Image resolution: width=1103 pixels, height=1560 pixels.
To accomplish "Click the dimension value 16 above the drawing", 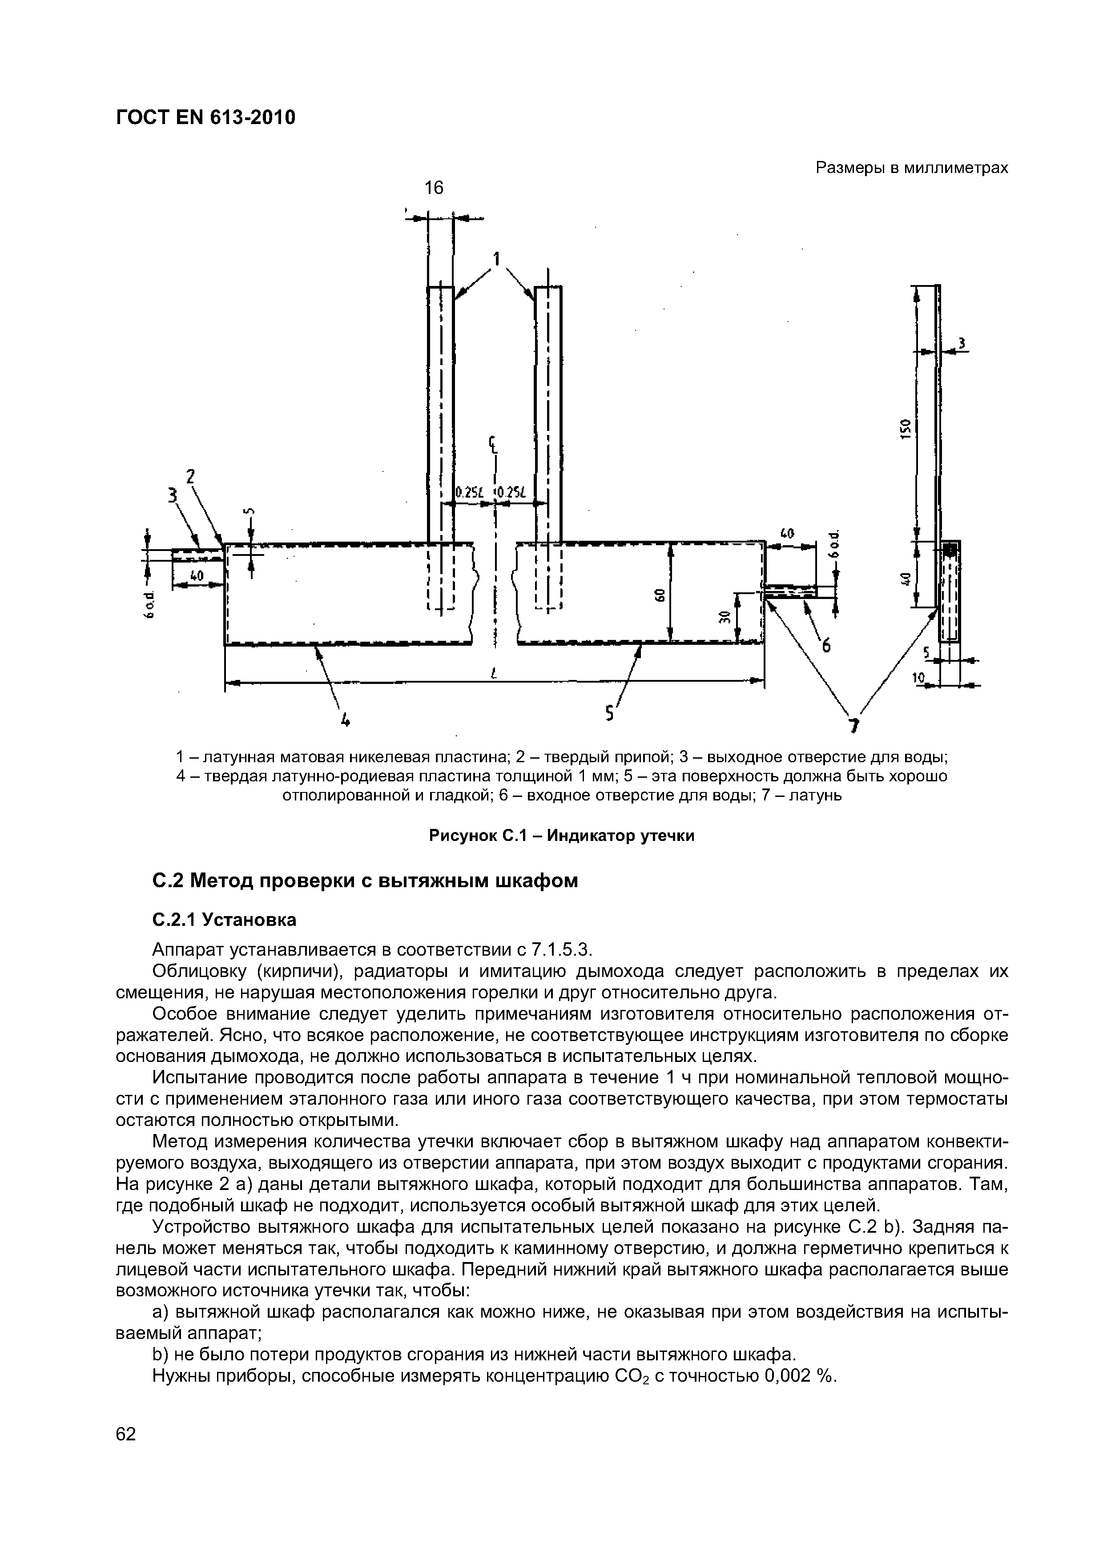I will pyautogui.click(x=434, y=188).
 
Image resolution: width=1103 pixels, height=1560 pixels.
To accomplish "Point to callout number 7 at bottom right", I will pyautogui.click(x=855, y=726).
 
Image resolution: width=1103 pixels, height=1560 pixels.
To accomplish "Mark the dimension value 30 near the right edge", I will pyautogui.click(x=725, y=617).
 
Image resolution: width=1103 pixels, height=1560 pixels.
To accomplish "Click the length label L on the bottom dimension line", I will pyautogui.click(x=494, y=673).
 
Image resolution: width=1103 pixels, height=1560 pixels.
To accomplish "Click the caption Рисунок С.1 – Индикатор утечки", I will pyautogui.click(x=561, y=836).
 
